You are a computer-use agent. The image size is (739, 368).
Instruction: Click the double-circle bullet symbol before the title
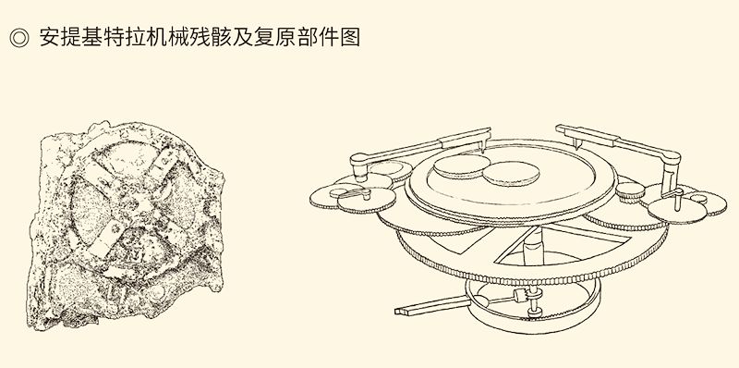[18, 38]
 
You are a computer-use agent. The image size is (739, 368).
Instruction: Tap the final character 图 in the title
[350, 37]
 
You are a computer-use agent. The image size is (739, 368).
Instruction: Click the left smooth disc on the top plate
[461, 166]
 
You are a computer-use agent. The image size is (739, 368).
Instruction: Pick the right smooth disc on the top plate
[511, 174]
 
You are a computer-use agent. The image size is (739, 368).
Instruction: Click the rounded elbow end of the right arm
[672, 158]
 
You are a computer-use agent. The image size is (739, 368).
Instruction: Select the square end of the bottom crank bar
[400, 310]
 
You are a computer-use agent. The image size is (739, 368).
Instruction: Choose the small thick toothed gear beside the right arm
[630, 191]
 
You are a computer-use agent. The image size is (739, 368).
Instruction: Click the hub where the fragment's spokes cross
[133, 202]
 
